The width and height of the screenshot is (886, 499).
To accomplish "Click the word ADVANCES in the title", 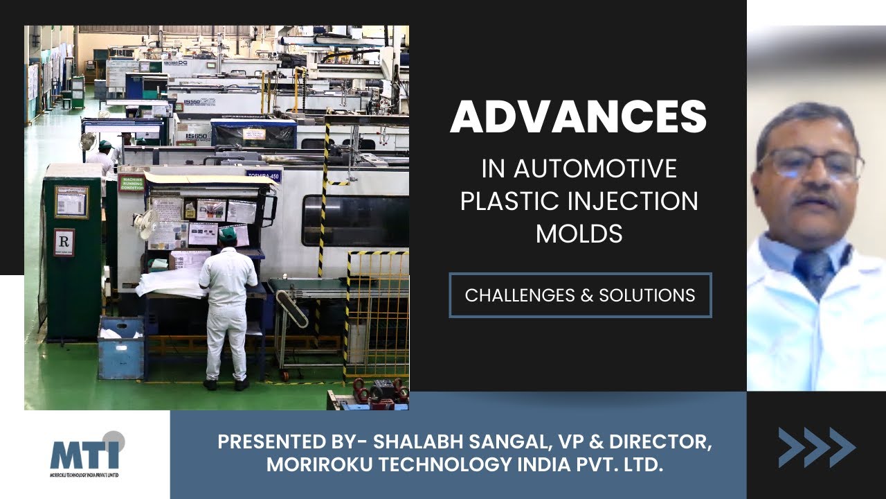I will (579, 118).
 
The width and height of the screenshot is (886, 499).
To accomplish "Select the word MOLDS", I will (579, 234).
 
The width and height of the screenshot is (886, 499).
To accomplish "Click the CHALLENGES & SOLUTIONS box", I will (580, 295).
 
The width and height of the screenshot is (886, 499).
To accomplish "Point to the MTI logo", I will (86, 452).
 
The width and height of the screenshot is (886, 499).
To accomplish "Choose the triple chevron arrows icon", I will (816, 447).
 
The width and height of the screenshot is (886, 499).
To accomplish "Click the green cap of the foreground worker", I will (227, 234).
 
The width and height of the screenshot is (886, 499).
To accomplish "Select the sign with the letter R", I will (64, 242).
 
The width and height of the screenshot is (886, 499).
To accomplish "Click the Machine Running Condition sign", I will (131, 182).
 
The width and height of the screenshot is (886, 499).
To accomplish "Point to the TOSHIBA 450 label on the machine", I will (263, 176).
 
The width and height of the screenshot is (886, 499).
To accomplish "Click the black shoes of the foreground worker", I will (225, 383).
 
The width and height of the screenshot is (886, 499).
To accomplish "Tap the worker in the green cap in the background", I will (104, 156).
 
